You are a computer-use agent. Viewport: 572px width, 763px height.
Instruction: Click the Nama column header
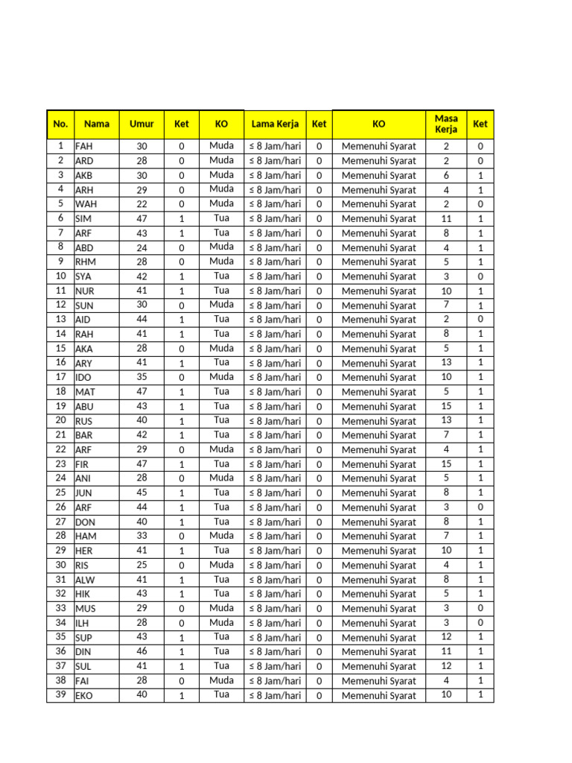(x=96, y=124)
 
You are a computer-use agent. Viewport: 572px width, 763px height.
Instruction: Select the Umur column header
(x=142, y=124)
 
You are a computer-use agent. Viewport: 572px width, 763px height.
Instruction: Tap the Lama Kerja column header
(x=275, y=124)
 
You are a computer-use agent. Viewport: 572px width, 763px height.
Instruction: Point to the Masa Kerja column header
(x=446, y=124)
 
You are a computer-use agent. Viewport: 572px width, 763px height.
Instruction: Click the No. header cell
(x=60, y=124)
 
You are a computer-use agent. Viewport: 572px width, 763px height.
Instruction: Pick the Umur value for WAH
(x=142, y=204)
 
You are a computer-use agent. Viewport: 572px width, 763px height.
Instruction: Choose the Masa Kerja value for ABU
(x=446, y=407)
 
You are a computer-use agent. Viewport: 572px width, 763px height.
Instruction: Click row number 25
(x=60, y=493)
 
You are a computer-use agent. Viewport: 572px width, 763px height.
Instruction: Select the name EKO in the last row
(x=84, y=695)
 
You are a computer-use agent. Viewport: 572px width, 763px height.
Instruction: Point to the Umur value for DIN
(x=142, y=651)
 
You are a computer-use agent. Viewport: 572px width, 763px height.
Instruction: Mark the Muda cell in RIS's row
(x=221, y=565)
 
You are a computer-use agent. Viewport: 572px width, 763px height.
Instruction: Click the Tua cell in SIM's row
(x=221, y=218)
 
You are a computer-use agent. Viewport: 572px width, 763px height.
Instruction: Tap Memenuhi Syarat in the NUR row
(x=378, y=291)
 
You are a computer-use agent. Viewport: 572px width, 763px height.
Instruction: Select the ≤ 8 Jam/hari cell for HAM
(x=275, y=536)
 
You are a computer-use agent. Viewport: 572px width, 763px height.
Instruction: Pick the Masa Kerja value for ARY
(x=446, y=363)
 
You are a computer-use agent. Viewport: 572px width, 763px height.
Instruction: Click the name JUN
(x=83, y=493)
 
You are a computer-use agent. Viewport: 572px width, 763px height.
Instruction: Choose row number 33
(x=60, y=608)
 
